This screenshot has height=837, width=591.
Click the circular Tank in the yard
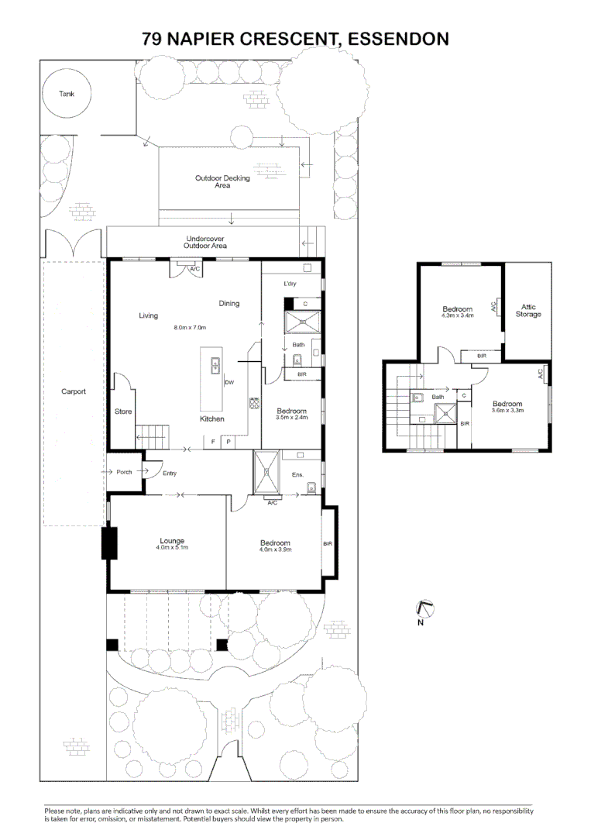pos(67,94)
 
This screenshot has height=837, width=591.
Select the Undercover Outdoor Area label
pos(205,242)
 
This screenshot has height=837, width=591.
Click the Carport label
pos(74,391)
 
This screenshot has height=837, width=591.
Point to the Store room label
pos(123,411)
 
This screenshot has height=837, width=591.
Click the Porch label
pos(124,473)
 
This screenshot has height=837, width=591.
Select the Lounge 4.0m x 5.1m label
pos(172,545)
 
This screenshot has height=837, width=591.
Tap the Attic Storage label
pos(528,311)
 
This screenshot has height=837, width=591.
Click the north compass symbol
pos(424,610)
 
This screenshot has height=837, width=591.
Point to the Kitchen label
pos(212,418)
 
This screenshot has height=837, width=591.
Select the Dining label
pos(228,303)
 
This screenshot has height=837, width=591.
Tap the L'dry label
pos(290,284)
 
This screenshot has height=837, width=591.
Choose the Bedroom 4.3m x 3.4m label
pos(457,312)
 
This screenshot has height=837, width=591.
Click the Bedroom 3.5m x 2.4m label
pos(291,414)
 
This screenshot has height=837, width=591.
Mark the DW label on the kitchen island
pos(229,383)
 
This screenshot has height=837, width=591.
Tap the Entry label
pos(170,473)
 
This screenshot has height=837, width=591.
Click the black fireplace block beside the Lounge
pos(108,542)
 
